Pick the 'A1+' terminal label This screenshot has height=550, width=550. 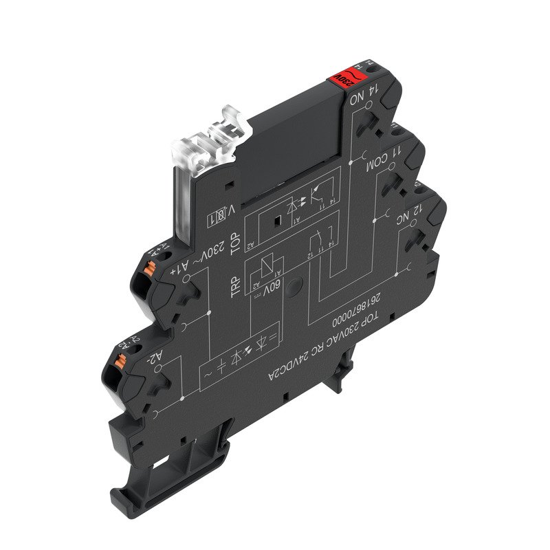(174, 265)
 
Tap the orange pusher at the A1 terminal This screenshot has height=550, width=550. (153, 271)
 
